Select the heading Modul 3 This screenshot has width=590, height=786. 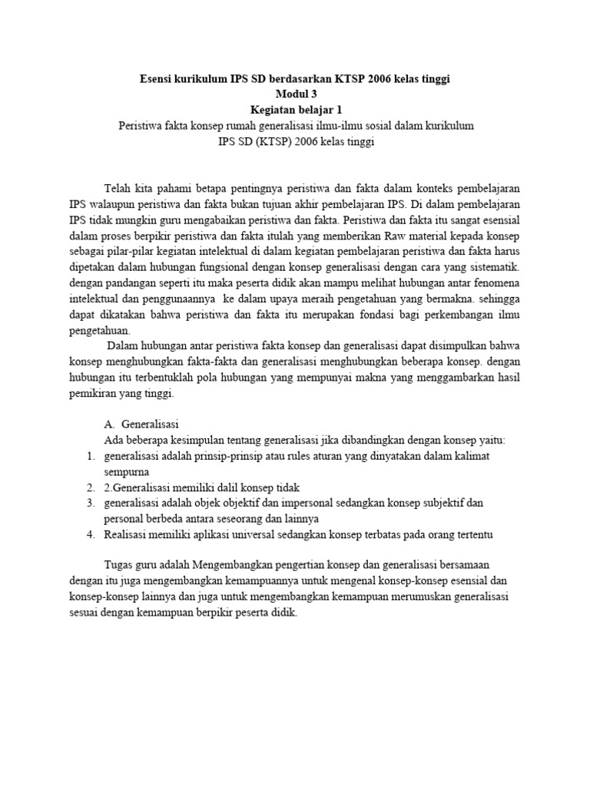[295, 94]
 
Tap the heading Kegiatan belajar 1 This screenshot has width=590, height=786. [295, 110]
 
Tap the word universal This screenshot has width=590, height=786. [279, 533]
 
